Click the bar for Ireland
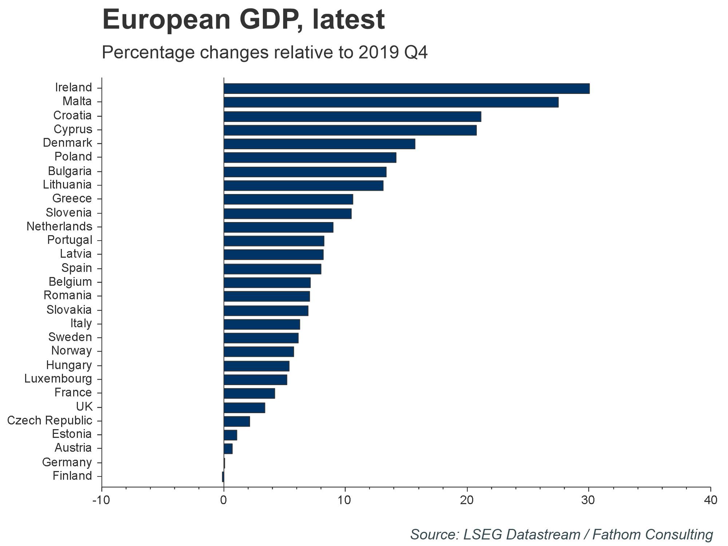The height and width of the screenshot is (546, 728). [406, 88]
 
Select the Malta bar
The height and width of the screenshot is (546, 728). [391, 102]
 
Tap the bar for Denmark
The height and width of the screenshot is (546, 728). [319, 144]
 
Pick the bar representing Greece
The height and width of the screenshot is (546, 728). [288, 199]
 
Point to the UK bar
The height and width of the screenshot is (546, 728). [244, 408]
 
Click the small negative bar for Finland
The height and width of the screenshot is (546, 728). [223, 477]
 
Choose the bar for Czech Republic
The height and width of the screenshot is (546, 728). [237, 422]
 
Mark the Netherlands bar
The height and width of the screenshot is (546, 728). [278, 227]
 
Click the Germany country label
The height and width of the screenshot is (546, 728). [67, 462]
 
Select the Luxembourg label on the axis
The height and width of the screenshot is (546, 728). [58, 379]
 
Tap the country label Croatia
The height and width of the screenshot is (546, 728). [72, 115]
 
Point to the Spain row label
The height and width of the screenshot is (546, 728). [76, 268]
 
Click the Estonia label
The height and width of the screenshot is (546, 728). [72, 434]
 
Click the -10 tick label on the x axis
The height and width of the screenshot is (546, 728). [101, 500]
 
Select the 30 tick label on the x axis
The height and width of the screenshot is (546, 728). [588, 500]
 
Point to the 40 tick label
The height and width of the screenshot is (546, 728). [710, 500]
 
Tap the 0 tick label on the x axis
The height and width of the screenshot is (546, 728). [223, 500]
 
